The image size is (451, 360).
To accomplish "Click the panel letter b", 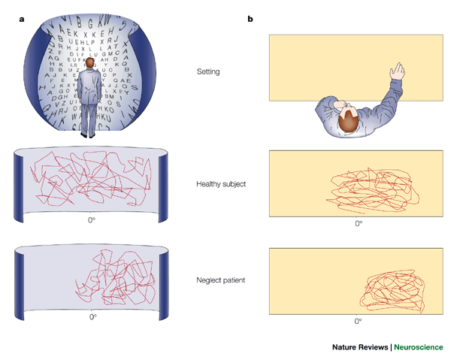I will click(x=250, y=18).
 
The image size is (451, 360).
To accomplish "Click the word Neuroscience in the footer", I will click(x=419, y=347).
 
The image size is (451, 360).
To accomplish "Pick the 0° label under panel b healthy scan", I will click(x=358, y=223).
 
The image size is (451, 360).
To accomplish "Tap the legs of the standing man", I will click(x=89, y=120).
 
